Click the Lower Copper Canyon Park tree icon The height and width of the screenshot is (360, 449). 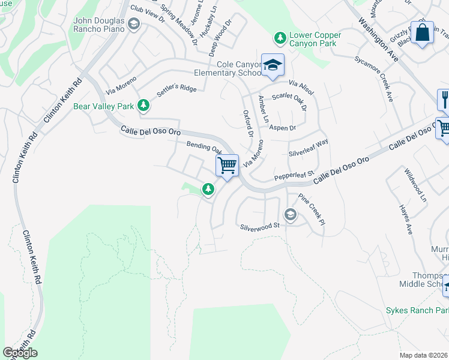pos(280,38)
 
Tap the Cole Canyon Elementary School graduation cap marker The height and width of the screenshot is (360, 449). pos(273,65)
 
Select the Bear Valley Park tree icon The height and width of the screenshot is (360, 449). pos(143,106)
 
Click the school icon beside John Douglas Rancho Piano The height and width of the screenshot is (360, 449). pos(134,25)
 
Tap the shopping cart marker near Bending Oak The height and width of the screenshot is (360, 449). pos(228,165)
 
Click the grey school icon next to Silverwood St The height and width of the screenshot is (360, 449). pos(291,215)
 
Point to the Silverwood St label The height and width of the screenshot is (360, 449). pos(260,226)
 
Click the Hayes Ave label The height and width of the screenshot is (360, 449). pos(406,220)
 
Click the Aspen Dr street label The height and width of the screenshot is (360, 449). pos(283,128)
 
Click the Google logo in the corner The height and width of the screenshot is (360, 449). pos(20,353)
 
